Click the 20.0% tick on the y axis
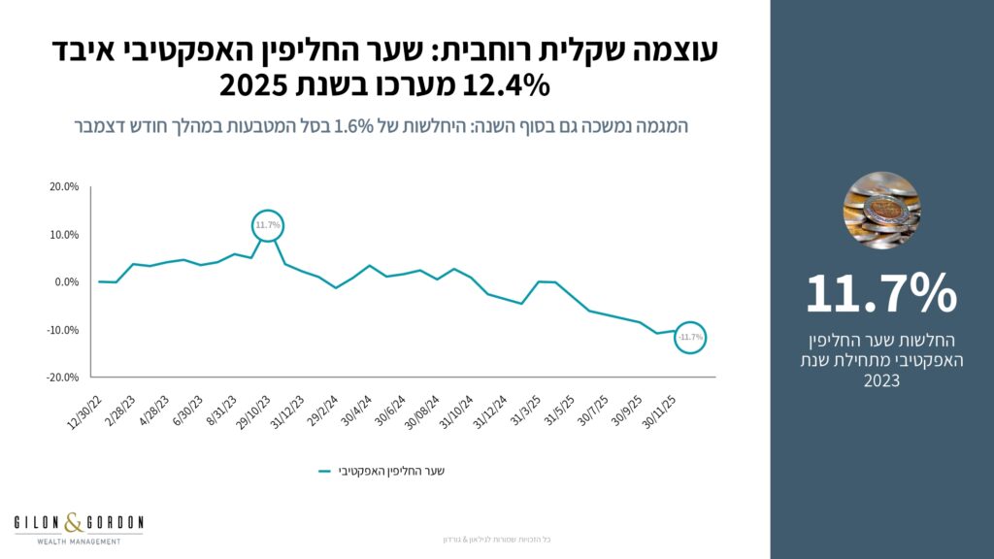tap(64, 187)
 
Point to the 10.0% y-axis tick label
tap(64, 235)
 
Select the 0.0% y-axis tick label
tap(66, 282)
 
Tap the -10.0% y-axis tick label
tap(63, 330)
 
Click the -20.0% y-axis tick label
tap(63, 377)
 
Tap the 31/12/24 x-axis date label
tap(488, 411)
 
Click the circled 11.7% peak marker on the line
tap(268, 226)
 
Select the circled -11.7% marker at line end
tap(691, 337)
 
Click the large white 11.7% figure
tap(881, 293)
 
